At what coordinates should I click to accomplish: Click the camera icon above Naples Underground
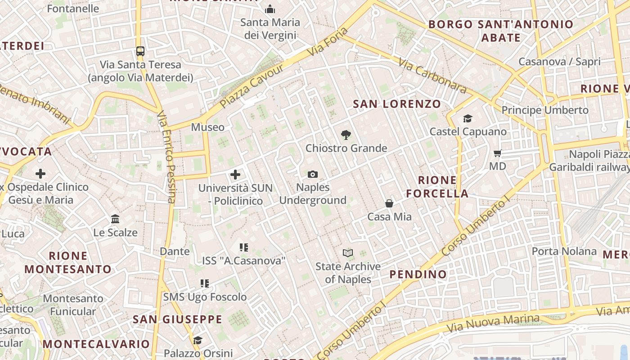coord(313,174)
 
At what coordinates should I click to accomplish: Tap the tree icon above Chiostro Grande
coord(346,135)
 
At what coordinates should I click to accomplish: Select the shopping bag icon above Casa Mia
coord(389,204)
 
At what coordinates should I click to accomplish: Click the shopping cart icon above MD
coord(497,153)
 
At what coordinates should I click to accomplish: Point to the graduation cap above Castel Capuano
coord(468,119)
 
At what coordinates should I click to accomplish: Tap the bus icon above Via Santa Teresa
coord(140,51)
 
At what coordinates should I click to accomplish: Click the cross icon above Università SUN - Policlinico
coord(235,175)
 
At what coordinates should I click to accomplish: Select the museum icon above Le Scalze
coord(115,219)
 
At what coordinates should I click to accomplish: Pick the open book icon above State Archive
coord(348,253)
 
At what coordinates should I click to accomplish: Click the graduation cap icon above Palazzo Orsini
coord(198,340)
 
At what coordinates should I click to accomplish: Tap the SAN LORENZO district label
coord(397,104)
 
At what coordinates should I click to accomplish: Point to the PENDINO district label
coord(418,274)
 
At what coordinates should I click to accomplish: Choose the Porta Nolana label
coord(564,251)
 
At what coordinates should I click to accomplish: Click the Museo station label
coord(207,127)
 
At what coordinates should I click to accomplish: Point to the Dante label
coord(175,251)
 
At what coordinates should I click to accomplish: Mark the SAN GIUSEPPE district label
coord(177,319)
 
